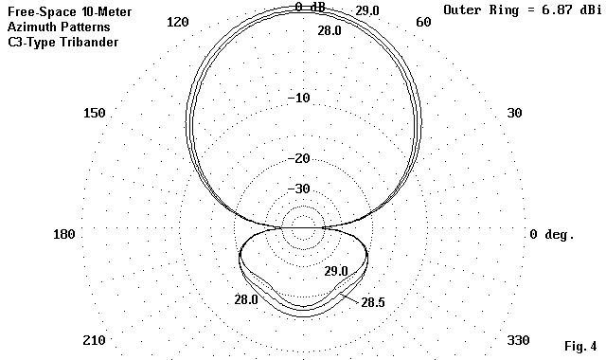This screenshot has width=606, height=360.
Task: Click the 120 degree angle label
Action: coord(178,22)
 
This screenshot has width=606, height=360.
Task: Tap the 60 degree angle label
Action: coord(423,22)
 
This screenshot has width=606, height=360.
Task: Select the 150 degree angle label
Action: coord(95,113)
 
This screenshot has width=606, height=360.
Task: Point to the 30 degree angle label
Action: coord(514,113)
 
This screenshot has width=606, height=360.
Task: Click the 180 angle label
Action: coord(63,234)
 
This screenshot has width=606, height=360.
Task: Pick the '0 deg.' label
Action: coord(551,234)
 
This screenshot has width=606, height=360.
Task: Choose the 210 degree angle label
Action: coord(94,340)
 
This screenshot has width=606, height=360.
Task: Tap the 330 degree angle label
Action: coord(518,340)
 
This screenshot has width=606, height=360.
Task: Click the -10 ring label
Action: coord(299,98)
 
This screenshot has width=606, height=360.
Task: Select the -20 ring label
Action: coord(299,158)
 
